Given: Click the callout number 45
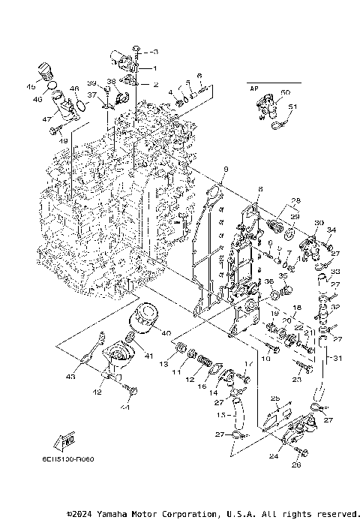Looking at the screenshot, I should point(32,87).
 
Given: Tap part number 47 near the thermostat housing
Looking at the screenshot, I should point(46,119).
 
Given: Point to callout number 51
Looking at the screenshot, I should point(293,107).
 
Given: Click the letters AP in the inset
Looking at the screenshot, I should point(253,88).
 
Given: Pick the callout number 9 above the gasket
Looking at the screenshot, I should point(225,168).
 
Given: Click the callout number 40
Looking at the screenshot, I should point(166,333).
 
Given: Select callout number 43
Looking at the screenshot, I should point(70,376).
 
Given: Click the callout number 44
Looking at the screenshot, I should point(124,407).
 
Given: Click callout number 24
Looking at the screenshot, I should point(271,454).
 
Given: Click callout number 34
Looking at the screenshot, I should point(332,230).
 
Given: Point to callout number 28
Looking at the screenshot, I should point(295,200).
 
